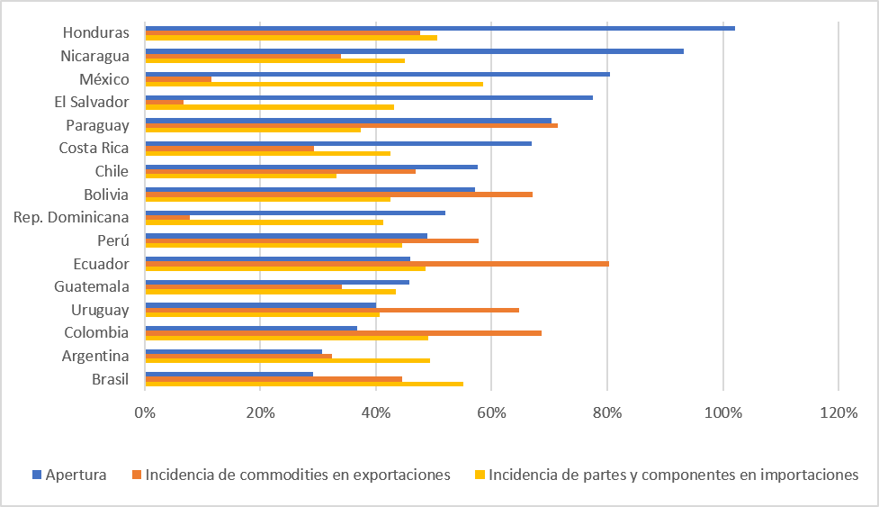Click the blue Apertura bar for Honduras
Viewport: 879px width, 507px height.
[440, 28]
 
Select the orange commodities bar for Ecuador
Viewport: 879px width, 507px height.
[377, 264]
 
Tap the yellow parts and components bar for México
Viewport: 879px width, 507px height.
[314, 84]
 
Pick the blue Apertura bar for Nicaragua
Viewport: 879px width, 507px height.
[414, 51]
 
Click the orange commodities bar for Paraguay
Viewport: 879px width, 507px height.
[351, 125]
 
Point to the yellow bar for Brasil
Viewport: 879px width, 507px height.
[304, 384]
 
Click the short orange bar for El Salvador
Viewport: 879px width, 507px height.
[165, 102]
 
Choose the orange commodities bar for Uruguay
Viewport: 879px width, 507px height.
[332, 310]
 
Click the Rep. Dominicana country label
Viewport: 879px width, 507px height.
[71, 218]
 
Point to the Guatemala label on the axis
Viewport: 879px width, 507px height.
[91, 287]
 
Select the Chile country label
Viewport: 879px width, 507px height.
[112, 171]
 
